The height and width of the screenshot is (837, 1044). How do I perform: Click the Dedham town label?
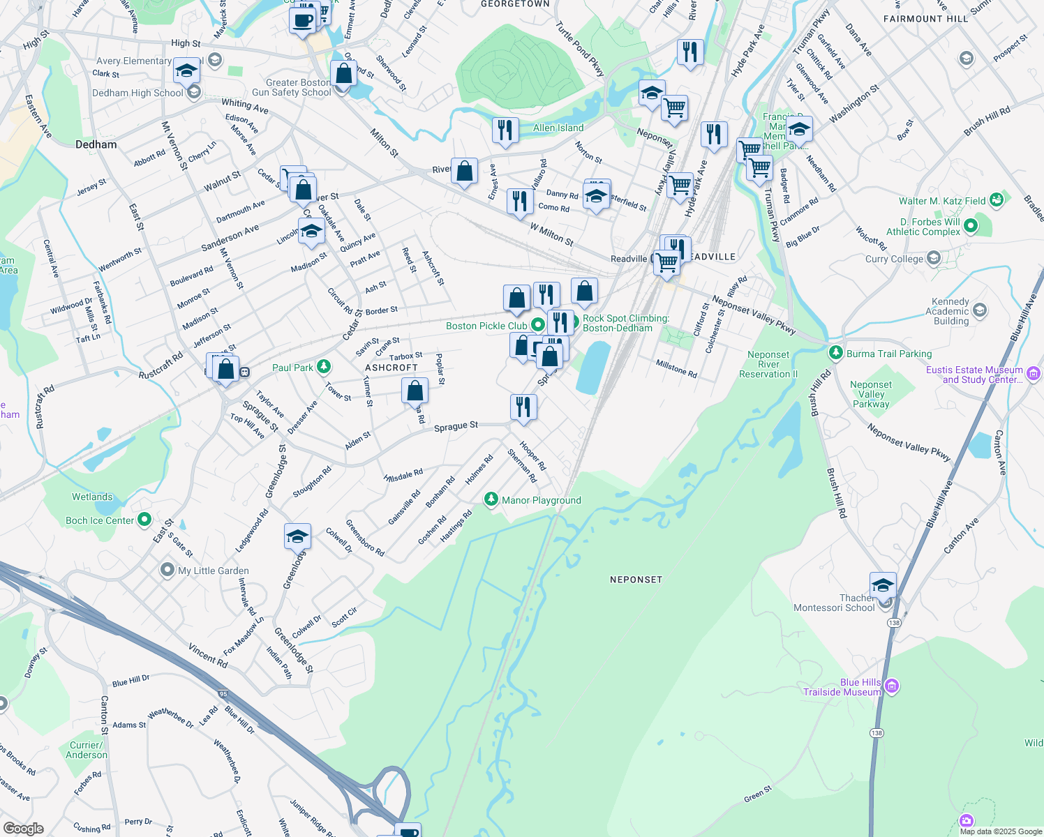(96, 144)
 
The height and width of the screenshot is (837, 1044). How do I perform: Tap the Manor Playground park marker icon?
(491, 499)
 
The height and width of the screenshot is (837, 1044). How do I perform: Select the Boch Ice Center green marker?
(144, 520)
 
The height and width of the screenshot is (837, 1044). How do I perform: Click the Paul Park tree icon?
(323, 367)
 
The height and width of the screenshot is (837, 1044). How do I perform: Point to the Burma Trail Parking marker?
(836, 353)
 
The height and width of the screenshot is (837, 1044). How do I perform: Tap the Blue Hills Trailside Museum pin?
(891, 687)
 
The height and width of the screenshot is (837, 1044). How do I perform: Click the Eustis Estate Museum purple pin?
(1034, 374)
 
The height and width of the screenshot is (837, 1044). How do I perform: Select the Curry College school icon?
(934, 259)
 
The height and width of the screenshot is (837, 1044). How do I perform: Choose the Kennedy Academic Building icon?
(979, 310)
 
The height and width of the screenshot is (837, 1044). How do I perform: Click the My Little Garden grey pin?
(167, 570)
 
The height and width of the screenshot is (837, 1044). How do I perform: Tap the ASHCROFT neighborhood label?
(391, 368)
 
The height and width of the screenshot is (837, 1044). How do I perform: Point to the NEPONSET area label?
(636, 580)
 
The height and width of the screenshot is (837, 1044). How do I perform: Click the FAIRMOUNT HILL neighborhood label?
(926, 19)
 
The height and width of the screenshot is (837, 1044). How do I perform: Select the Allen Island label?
(558, 128)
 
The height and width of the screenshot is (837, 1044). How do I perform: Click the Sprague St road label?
(456, 425)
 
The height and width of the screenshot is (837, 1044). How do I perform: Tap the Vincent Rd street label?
(207, 656)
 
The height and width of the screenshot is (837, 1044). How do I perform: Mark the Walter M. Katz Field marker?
(996, 200)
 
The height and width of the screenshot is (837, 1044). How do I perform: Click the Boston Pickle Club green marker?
(537, 325)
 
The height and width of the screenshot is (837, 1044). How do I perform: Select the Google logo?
(24, 828)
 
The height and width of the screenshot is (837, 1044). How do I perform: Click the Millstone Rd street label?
(676, 369)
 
